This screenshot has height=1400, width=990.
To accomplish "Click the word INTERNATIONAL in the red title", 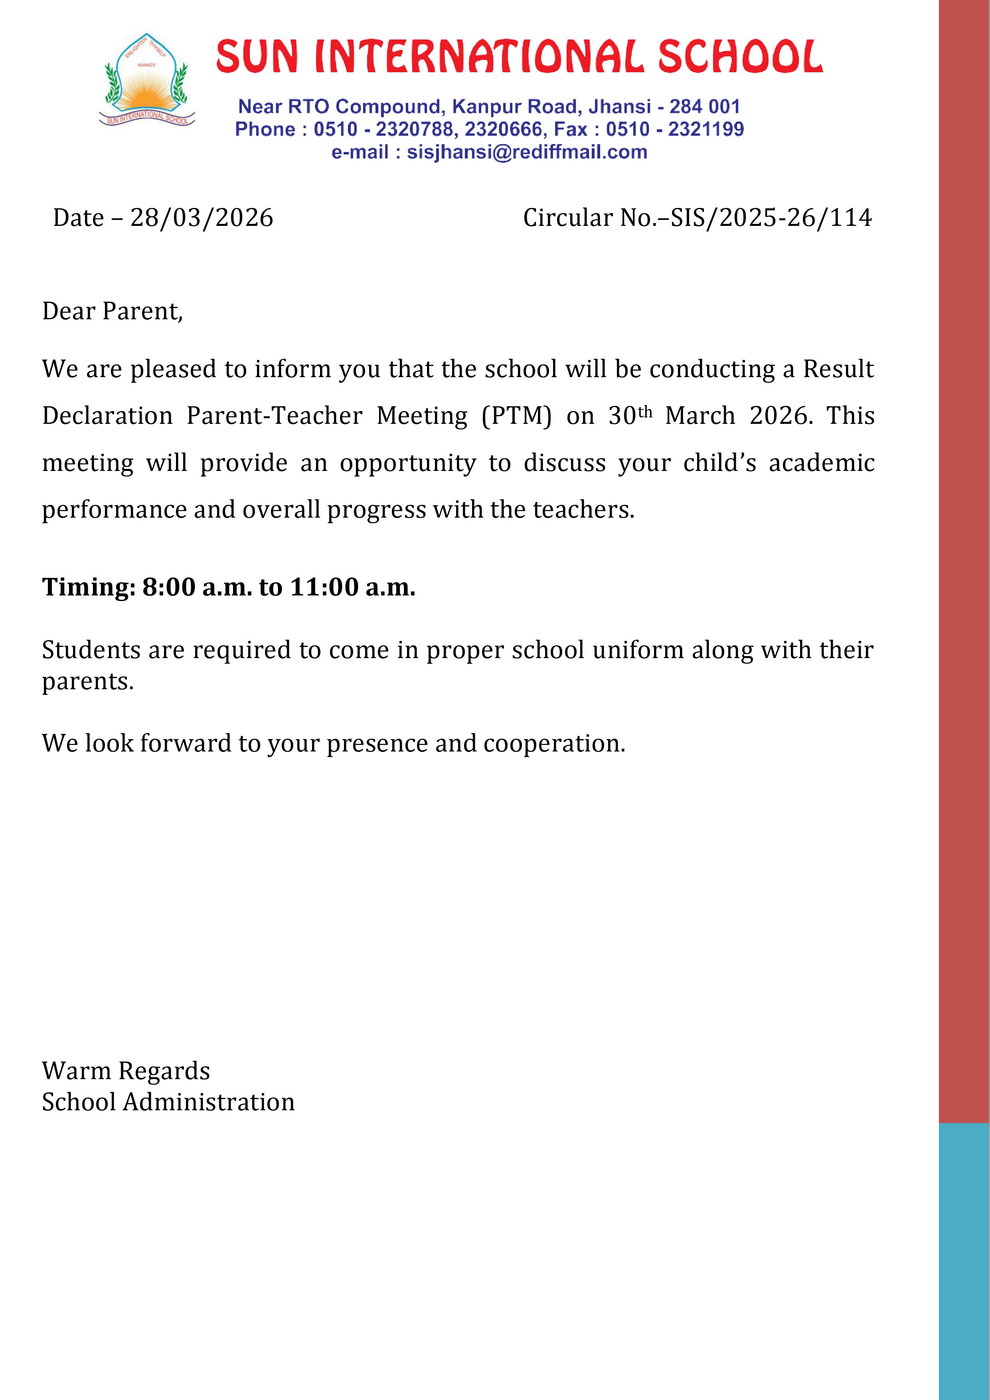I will (x=478, y=57).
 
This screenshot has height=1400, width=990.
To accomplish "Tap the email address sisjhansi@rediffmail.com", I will (x=527, y=152).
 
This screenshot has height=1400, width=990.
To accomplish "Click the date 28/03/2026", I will (x=202, y=218).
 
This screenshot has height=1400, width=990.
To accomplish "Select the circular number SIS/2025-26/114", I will (x=771, y=218).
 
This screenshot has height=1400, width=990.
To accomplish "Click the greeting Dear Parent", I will (x=112, y=311).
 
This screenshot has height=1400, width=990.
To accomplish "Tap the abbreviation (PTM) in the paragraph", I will (x=516, y=416).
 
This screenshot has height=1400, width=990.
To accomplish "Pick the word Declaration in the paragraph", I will (x=107, y=416).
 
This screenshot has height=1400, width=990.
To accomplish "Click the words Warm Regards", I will (x=126, y=1071).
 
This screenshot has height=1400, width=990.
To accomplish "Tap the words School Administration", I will (x=168, y=1102).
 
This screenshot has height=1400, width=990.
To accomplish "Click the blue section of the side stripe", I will (x=964, y=1262).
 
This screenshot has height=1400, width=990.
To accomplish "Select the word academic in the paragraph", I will (x=821, y=463).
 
